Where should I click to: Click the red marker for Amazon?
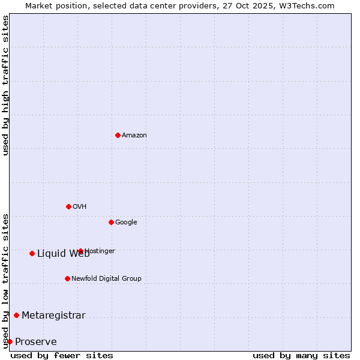coord(118,135)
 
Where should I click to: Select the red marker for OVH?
coord(68,206)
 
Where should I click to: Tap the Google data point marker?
coord(111,222)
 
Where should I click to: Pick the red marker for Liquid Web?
coord(32,253)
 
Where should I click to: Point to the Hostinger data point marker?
coord(80,251)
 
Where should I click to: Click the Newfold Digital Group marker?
coord(67,278)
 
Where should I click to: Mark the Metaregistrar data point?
coord(16,315)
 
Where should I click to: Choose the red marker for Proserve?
coord(10,341)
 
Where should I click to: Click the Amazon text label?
coord(134,136)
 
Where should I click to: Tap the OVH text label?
coord(80,207)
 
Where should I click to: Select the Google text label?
coord(126,223)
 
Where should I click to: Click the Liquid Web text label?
coord(63,254)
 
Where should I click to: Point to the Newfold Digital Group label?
coord(106,279)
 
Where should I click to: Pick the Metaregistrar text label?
coord(53,316)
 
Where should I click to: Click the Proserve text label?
coord(36,342)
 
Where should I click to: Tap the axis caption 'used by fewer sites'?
coord(62,355)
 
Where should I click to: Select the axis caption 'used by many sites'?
coord(301,355)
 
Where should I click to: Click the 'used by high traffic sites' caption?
coord(5,85)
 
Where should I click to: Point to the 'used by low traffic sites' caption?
coord(5,281)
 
